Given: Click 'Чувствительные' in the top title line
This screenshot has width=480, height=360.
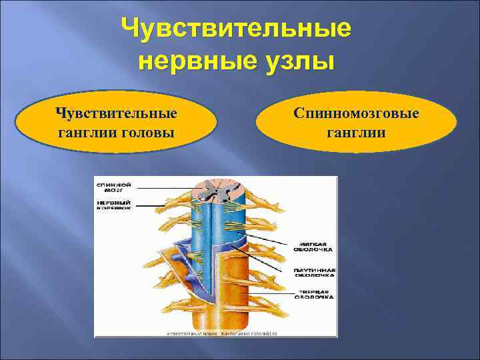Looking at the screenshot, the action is pyautogui.click(x=237, y=29).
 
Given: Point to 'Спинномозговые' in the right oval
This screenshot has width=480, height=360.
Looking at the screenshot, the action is pyautogui.click(x=357, y=113).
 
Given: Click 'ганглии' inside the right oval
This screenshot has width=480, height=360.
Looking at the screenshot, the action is pyautogui.click(x=357, y=132).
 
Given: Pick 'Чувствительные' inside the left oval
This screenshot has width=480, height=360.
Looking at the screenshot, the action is pyautogui.click(x=117, y=113).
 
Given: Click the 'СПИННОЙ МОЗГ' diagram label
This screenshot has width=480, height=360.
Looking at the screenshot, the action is pyautogui.click(x=113, y=187).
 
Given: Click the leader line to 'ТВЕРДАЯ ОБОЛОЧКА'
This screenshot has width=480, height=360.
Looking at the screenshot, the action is pyautogui.click(x=273, y=294).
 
